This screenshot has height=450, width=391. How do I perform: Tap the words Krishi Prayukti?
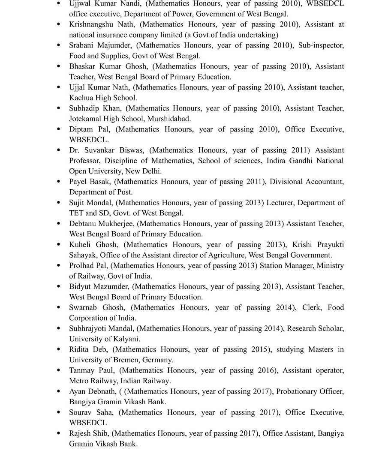click(318, 244)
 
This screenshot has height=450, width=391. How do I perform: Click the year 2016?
click(266, 370)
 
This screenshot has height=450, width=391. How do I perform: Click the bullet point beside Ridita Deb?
click(59, 349)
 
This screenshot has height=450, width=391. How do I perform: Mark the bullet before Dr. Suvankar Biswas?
click(59, 150)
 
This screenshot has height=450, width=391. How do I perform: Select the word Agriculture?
click(222, 255)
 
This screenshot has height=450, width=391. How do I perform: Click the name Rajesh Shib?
click(89, 433)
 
